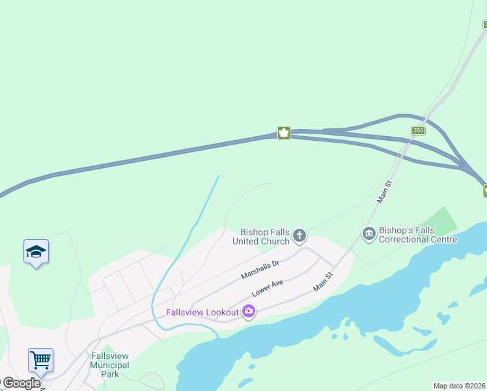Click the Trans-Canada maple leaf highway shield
pyautogui.click(x=283, y=133)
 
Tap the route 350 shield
pyautogui.click(x=418, y=131)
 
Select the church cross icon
pyautogui.click(x=299, y=235)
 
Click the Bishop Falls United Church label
pyautogui.click(x=265, y=237)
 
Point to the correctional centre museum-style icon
pyautogui.click(x=369, y=233)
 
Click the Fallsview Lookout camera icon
pyautogui.click(x=248, y=312)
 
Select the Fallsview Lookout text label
pyautogui.click(x=202, y=312)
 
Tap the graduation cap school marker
pyautogui.click(x=36, y=252)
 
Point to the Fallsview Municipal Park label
pyautogui.click(x=110, y=365)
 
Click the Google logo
pyautogui.click(x=21, y=383)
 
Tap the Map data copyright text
pyautogui.click(x=460, y=386)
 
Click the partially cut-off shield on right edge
pyautogui.click(x=484, y=191)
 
